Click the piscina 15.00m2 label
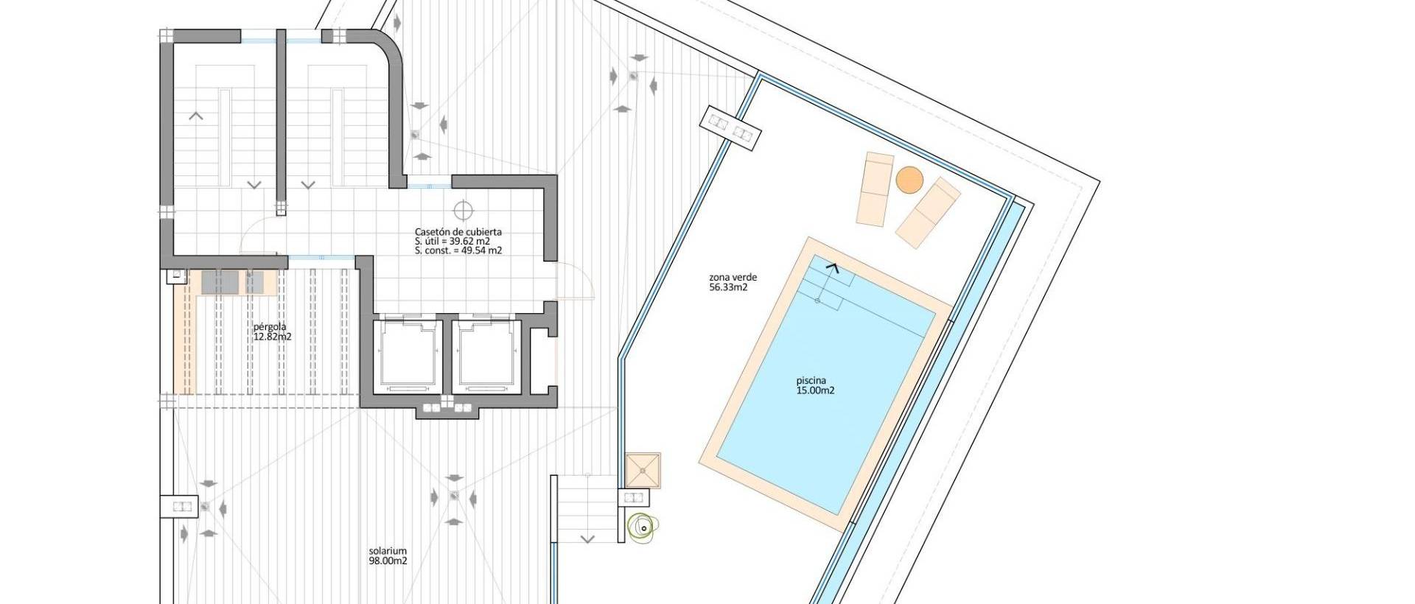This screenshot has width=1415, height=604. (x=814, y=386)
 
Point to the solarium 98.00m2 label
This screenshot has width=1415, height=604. (x=388, y=555)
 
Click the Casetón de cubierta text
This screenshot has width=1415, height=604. (x=458, y=231)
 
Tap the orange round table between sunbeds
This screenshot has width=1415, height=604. (x=909, y=180)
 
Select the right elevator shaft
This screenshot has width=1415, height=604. (x=485, y=353)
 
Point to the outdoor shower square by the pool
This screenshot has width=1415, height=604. (x=643, y=470)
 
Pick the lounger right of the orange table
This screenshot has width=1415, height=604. (x=928, y=213)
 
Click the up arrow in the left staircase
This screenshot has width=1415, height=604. (x=196, y=116)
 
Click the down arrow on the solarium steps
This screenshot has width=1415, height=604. (x=587, y=538)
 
